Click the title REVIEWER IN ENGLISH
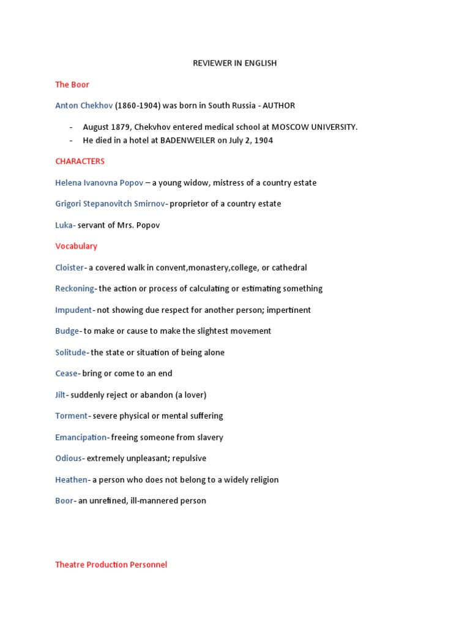[235, 63]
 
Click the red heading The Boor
[72, 84]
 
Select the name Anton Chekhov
[84, 105]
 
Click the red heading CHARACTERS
[80, 161]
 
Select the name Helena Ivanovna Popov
[99, 182]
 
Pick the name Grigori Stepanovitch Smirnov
[110, 203]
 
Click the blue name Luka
[64, 225]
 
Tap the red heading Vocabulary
[76, 246]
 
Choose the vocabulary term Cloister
[69, 268]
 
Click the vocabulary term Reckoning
[75, 288]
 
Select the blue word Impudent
[73, 310]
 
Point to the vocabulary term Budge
[67, 331]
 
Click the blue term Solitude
[71, 352]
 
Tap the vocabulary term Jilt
[60, 394]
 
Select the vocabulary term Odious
[69, 458]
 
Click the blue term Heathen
[72, 479]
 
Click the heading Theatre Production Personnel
[111, 565]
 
